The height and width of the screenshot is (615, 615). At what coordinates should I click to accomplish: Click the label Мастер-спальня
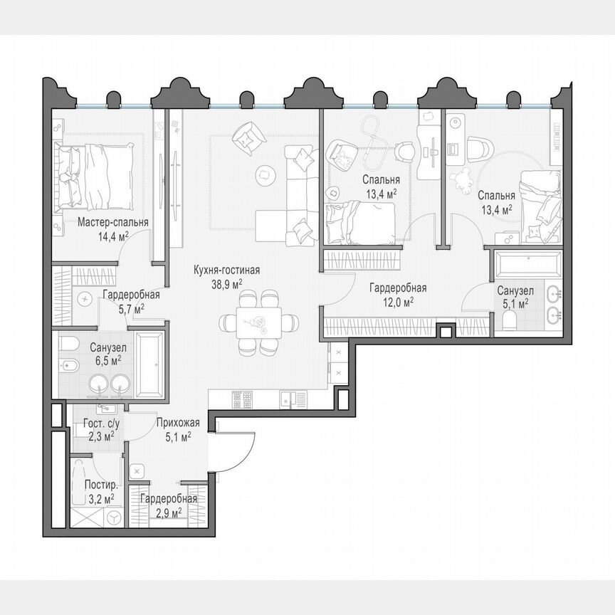(113, 222)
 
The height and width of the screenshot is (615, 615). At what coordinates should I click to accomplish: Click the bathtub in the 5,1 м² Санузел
(527, 266)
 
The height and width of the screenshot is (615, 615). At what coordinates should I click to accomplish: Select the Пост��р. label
(97, 485)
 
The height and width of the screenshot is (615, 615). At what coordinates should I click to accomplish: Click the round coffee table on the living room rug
(264, 172)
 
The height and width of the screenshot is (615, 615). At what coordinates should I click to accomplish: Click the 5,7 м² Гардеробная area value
(130, 307)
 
